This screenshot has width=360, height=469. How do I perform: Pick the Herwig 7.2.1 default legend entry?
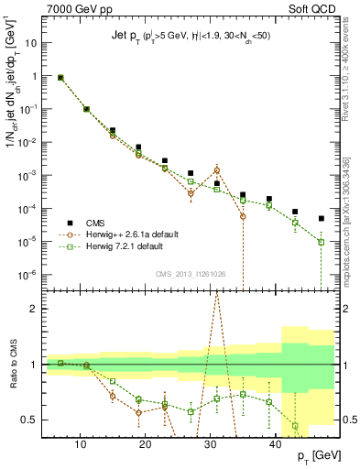132,246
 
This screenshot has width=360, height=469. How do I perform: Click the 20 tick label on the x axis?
152,442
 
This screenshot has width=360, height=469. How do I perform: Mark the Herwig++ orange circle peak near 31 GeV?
217,169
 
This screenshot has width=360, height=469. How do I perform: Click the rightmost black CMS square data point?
322,218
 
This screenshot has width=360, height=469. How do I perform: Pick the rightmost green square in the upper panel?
322,242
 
